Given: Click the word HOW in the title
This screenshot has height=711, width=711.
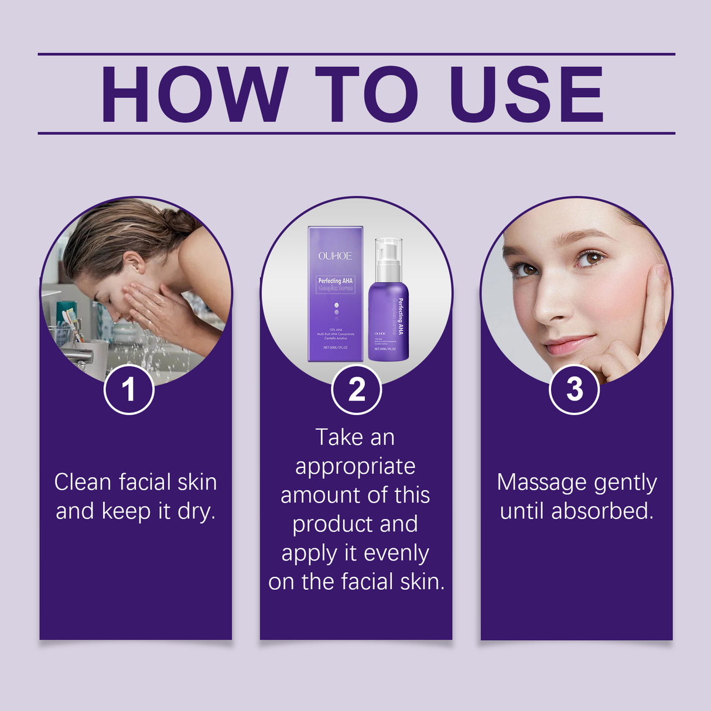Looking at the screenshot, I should point(195,95).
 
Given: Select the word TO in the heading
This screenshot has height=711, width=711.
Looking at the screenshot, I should point(367,95).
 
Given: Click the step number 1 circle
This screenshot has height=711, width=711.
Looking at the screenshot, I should point(129,389).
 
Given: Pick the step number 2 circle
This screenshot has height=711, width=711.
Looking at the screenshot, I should point(356,389).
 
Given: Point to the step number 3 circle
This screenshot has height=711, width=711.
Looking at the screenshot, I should point(574,389).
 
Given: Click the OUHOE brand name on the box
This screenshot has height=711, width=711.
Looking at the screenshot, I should point(335,256).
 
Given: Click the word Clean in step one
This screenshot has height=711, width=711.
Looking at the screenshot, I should point(83,483).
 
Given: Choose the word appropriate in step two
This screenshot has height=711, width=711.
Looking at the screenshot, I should point(355,467).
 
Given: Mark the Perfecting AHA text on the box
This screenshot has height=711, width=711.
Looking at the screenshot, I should point(335,281).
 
